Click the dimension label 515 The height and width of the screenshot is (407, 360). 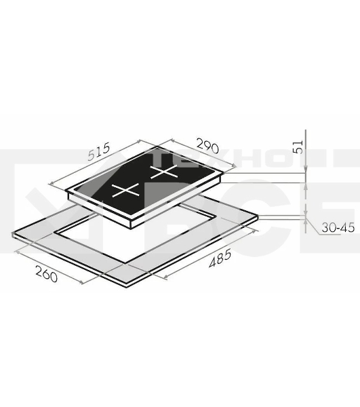coord(99,151)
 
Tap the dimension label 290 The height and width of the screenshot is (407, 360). coord(207,146)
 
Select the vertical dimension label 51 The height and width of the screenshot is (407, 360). coord(298,147)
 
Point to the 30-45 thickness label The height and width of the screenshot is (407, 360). coord(338,228)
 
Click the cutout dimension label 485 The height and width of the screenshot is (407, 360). coord(220,258)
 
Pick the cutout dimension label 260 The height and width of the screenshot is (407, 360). coord(46,274)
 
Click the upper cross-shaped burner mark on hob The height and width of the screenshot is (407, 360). coord(164,172)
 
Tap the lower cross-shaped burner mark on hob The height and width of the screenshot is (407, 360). coord(126,190)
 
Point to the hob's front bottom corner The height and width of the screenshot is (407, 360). coord(131,228)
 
